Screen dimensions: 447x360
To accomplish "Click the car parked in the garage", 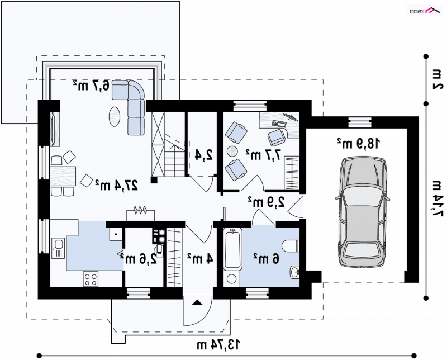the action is [x=362, y=212].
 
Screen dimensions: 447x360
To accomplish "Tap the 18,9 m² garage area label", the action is [x=359, y=143].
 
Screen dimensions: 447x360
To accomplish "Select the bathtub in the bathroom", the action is [x=232, y=249].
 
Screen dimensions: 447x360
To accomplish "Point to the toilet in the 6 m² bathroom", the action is [x=291, y=245].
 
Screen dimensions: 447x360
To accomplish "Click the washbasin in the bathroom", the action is [x=295, y=272].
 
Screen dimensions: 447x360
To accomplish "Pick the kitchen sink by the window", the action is [x=58, y=248].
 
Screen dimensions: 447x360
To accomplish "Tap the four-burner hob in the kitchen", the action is [x=91, y=279].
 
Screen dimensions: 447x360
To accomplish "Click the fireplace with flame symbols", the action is [x=141, y=214].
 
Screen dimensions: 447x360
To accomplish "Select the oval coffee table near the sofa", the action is [x=115, y=117].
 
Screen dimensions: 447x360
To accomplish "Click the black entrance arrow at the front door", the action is [x=197, y=302].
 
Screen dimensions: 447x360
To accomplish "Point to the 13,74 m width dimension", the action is [x=218, y=344].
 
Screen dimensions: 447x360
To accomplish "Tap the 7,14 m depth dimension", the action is [x=436, y=198].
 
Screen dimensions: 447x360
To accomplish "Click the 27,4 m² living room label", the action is [x=117, y=185].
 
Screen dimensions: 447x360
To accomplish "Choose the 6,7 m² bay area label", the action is [x=91, y=86].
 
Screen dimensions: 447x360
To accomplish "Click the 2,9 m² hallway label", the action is [x=267, y=202].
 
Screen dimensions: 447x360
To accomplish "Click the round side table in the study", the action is [x=232, y=151].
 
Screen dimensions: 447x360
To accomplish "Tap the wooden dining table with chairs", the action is [x=63, y=176].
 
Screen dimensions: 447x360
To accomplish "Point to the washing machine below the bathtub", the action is [x=232, y=279].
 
